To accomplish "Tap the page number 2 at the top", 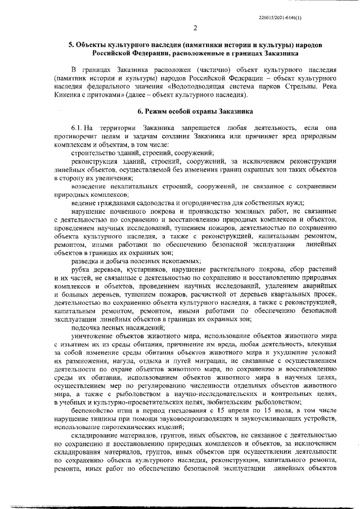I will coord(195,29).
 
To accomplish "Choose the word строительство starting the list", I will coord(94,153).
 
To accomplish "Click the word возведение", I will coord(89,186).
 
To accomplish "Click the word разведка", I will coord(87,260).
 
